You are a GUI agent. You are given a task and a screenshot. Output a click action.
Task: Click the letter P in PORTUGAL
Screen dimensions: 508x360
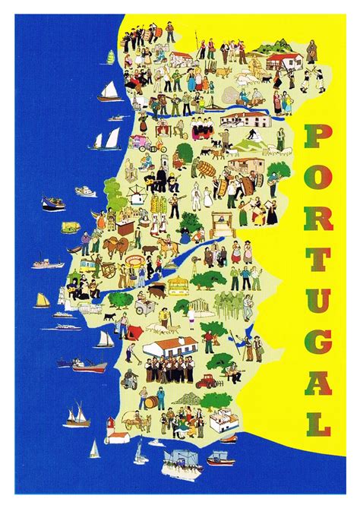tap(318, 137)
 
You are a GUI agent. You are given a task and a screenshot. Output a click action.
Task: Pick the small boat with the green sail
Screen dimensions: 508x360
tap(111, 57)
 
